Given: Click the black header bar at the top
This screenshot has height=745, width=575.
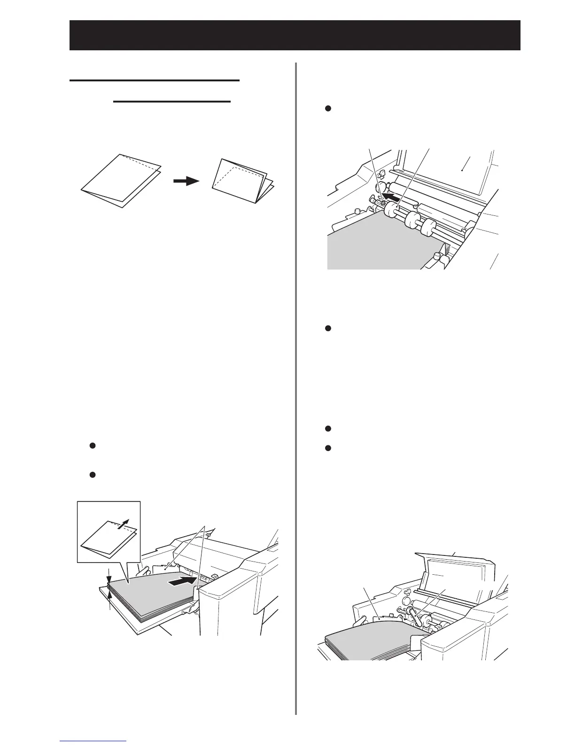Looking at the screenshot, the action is pyautogui.click(x=295, y=35).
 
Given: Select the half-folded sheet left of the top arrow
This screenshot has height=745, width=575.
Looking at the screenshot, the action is pyautogui.click(x=121, y=180).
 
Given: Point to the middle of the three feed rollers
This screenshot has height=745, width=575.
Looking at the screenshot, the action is pyautogui.click(x=412, y=219).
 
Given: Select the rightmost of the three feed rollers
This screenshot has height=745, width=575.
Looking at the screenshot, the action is pyautogui.click(x=428, y=227).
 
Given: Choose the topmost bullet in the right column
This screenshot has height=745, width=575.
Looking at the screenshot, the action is pyautogui.click(x=328, y=109).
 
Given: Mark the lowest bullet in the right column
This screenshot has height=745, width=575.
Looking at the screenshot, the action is pyautogui.click(x=328, y=448).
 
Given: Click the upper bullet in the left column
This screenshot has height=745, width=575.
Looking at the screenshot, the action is pyautogui.click(x=93, y=445).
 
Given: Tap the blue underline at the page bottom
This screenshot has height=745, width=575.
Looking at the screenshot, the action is pyautogui.click(x=94, y=741).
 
